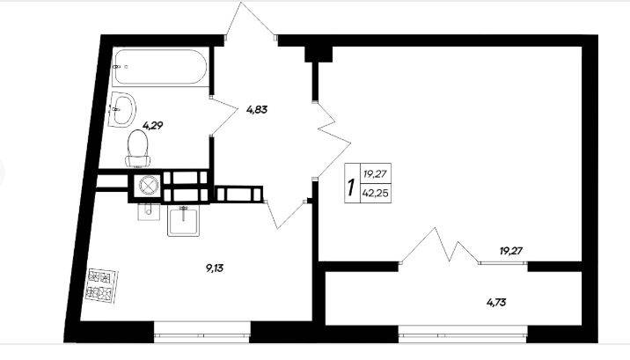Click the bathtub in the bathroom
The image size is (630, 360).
tap(160, 67)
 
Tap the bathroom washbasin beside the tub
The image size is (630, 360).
tap(123, 109)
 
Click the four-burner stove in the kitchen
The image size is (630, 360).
tap(102, 285)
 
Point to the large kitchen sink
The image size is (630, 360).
tap(184, 221)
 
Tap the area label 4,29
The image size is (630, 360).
tap(153, 125)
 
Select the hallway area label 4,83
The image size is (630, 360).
tap(257, 109)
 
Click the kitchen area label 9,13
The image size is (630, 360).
tap(215, 268)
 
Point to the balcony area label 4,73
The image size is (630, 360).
tap(496, 302)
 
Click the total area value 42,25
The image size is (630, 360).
tap(375, 194)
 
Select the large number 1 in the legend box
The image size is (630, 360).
tap(352, 187)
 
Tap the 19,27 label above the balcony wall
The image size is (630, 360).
tap(511, 251)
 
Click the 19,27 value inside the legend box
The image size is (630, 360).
tap(375, 174)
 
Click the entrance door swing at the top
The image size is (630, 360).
tap(250, 20)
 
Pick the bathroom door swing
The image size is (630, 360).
tap(223, 116)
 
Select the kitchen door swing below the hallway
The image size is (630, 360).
tap(286, 214)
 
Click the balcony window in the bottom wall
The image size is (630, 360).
tap(463, 334)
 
